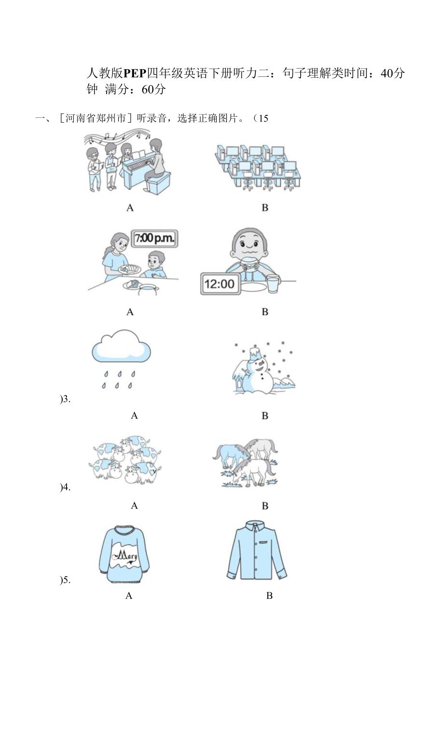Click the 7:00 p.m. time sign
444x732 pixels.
pyautogui.click(x=154, y=238)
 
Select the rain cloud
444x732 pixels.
pyautogui.click(x=121, y=347)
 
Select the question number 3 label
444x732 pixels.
pyautogui.click(x=65, y=399)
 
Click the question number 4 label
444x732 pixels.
pyautogui.click(x=65, y=487)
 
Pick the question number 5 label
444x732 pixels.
pyautogui.click(x=65, y=580)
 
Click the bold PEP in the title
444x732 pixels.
pyautogui.click(x=135, y=73)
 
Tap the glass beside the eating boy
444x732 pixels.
pyautogui.click(x=273, y=283)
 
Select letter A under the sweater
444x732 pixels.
pyautogui.click(x=129, y=595)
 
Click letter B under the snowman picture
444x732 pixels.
pyautogui.click(x=265, y=416)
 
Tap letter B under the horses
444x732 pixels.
pyautogui.click(x=265, y=506)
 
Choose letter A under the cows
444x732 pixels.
pyautogui.click(x=134, y=506)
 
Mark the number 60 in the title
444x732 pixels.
pyautogui.click(x=147, y=89)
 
